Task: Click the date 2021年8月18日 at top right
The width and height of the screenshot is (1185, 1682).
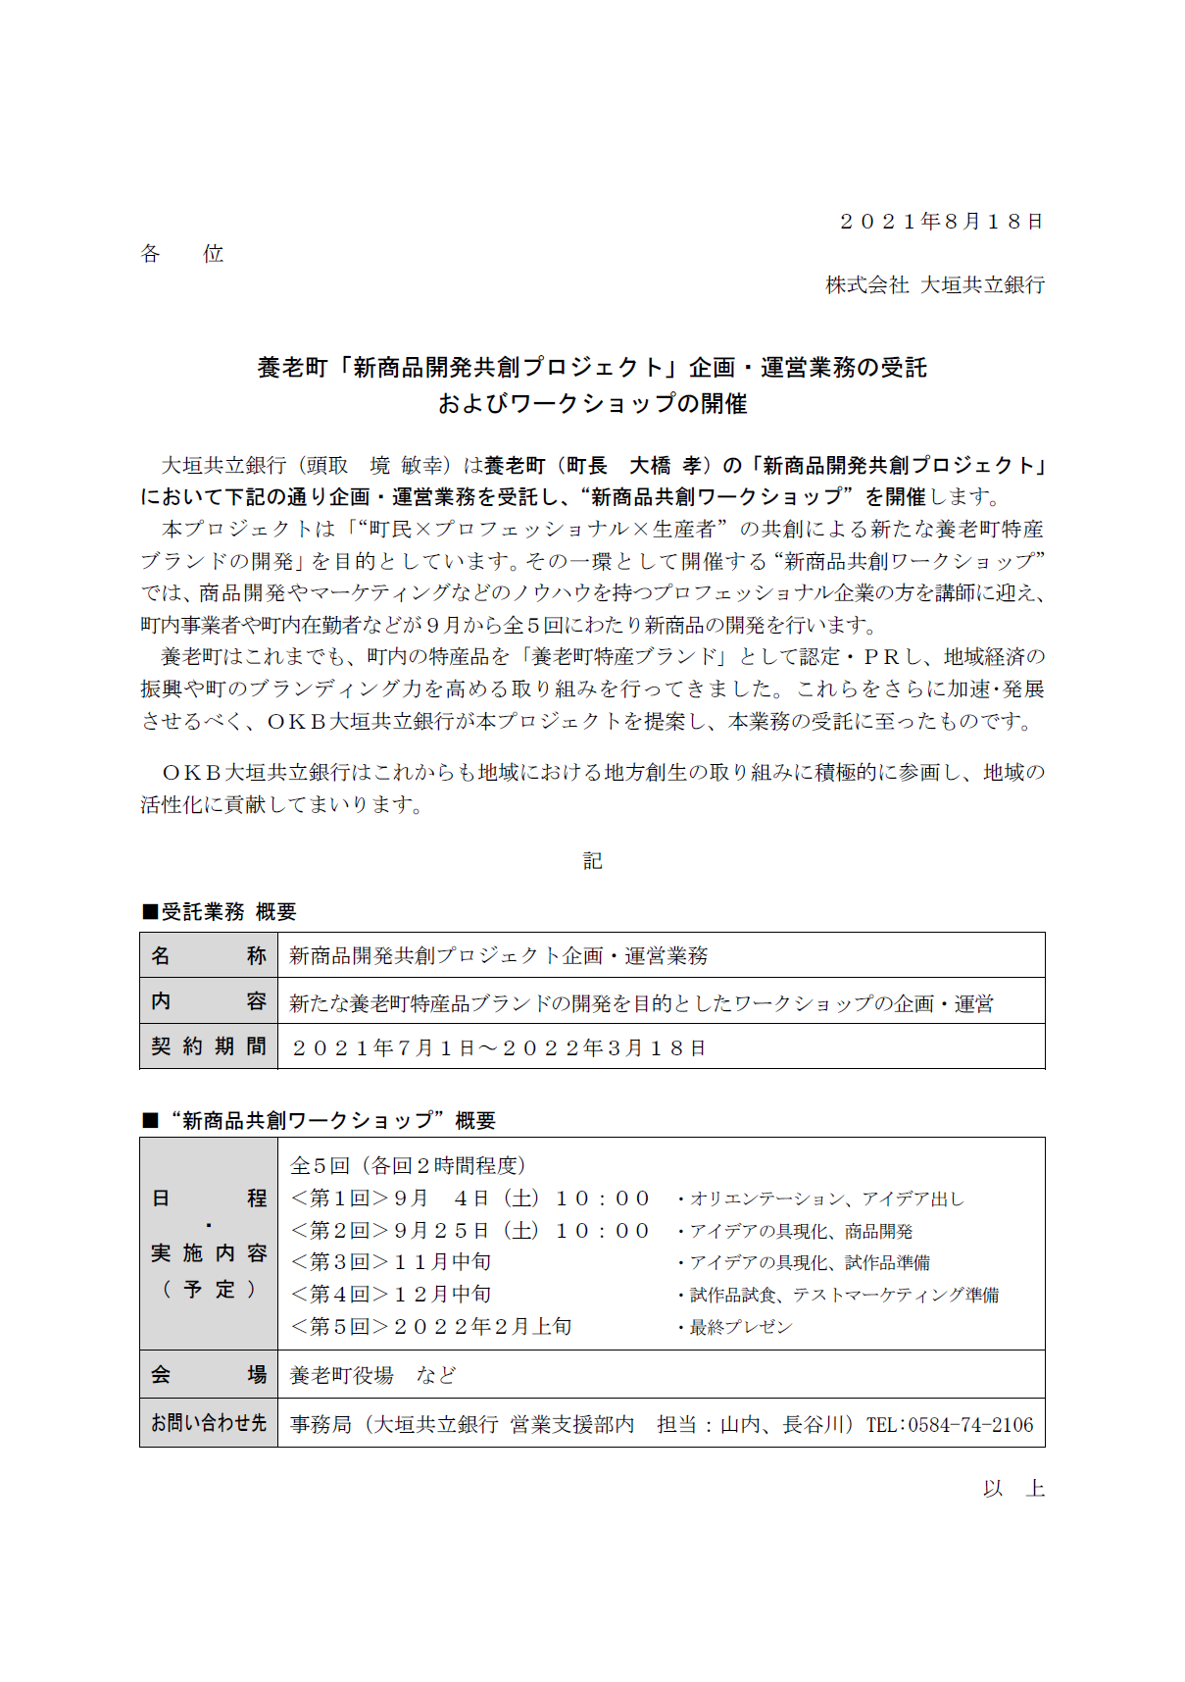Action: [941, 222]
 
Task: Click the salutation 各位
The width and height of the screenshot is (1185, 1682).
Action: [182, 254]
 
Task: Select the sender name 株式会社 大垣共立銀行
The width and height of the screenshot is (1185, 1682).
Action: [935, 285]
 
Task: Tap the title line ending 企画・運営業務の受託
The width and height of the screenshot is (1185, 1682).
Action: [592, 368]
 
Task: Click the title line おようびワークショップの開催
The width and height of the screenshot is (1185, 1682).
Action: [592, 404]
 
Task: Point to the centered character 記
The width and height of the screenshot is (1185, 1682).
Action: [593, 861]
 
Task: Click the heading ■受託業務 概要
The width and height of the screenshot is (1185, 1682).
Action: [220, 912]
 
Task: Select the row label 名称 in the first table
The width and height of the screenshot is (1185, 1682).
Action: [209, 955]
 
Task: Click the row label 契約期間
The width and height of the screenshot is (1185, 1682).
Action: [209, 1046]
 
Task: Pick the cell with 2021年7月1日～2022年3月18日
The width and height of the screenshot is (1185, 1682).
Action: [499, 1047]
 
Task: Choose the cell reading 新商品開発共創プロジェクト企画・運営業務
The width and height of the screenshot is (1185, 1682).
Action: [499, 956]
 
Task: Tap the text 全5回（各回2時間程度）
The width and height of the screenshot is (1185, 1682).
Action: [409, 1165]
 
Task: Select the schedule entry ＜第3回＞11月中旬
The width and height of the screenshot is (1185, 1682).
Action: [391, 1262]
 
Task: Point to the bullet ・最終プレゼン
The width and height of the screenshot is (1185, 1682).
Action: [734, 1327]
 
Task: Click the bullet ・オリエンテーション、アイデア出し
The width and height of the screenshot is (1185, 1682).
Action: [820, 1198]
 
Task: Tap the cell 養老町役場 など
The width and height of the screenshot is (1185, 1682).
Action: [373, 1375]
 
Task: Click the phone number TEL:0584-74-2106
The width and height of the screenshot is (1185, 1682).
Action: [949, 1424]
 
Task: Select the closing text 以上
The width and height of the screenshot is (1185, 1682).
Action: [1013, 1489]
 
